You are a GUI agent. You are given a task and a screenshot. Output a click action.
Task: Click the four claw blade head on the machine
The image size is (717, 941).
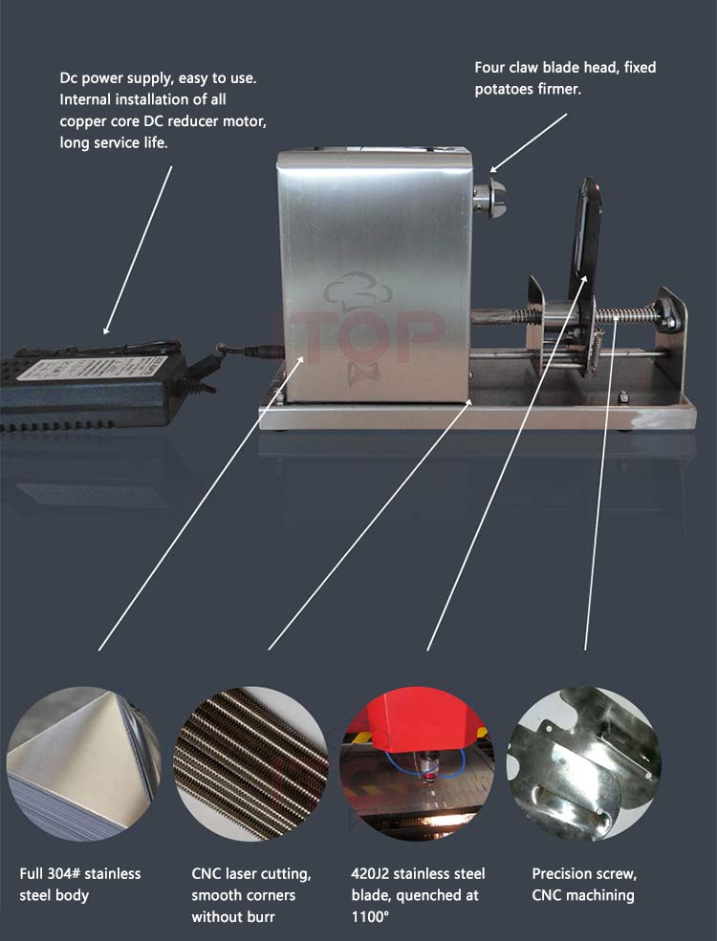click(490, 198)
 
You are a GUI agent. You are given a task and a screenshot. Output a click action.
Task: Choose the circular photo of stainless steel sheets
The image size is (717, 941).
click(83, 763)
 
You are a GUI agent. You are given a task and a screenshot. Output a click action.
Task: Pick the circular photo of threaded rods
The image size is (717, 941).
click(251, 763)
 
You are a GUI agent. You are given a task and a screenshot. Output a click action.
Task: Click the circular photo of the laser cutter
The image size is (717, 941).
click(418, 763)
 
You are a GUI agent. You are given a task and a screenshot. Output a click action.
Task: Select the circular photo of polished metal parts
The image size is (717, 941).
click(584, 763)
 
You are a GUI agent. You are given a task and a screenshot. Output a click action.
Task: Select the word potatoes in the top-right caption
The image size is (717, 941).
click(504, 90)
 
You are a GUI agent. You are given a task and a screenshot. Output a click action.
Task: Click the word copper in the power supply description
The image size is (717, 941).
click(78, 122)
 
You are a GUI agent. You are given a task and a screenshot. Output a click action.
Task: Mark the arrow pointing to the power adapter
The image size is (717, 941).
click(138, 250)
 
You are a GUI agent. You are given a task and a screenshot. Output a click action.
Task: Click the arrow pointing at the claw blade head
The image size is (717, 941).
click(529, 143)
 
